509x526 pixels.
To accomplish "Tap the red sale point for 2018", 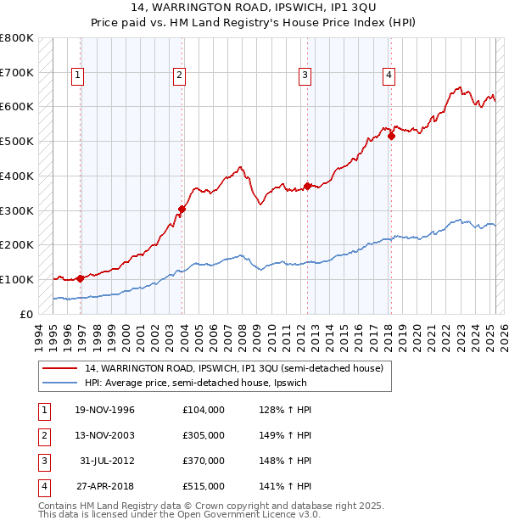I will (391, 136).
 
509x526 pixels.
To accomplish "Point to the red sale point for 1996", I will (80, 277).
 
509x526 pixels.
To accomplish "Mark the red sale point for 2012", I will (307, 186).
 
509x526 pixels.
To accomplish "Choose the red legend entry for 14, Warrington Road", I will (234, 368).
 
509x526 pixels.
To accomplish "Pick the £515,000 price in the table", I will (204, 486).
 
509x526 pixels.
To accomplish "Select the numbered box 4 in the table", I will (42, 486).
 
